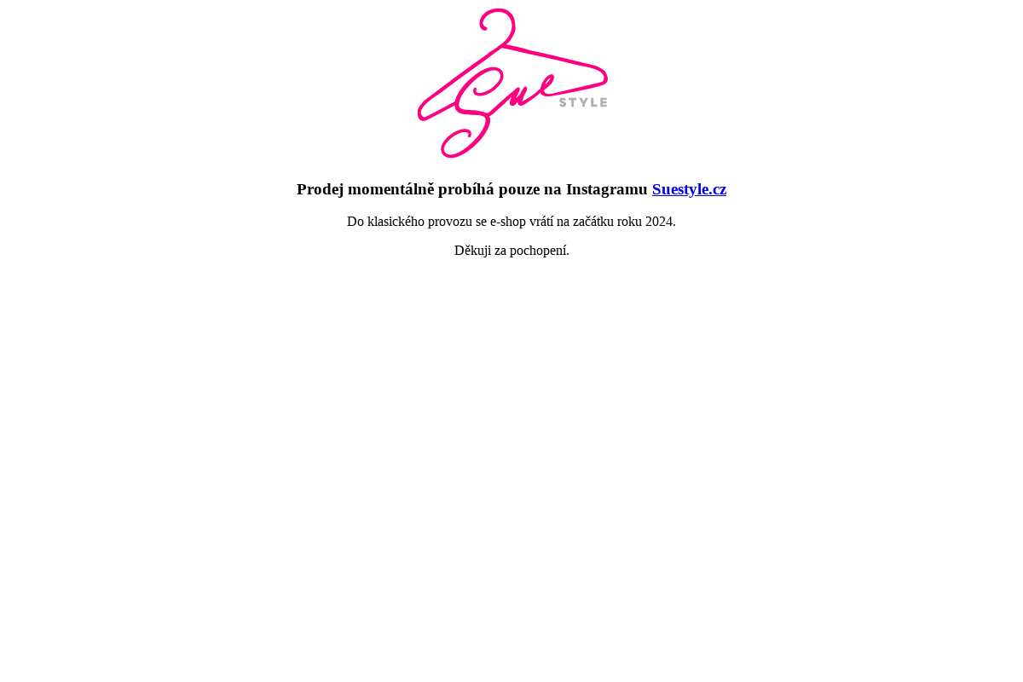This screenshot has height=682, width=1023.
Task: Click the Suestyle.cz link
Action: (x=689, y=189)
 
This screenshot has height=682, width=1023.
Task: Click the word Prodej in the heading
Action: (x=321, y=189)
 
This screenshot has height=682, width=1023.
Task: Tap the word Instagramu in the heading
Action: (x=606, y=190)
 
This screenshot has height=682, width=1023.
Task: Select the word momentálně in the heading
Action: (x=391, y=189)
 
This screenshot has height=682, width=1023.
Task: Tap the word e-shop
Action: (x=508, y=223)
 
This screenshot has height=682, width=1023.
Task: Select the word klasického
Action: (x=396, y=222)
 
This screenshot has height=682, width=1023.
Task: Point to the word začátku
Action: (x=593, y=222)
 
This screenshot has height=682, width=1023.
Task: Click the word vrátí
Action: (x=541, y=222)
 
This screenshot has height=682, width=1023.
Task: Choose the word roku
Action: (x=629, y=222)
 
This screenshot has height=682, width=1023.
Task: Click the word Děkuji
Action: (x=472, y=251)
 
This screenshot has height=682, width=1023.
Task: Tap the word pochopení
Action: (x=540, y=251)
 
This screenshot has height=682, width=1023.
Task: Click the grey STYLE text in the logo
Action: (x=583, y=102)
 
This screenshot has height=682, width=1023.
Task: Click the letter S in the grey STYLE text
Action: (x=563, y=102)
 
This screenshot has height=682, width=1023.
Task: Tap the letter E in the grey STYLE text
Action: (x=604, y=102)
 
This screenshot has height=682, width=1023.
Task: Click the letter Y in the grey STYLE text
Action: (x=583, y=102)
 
